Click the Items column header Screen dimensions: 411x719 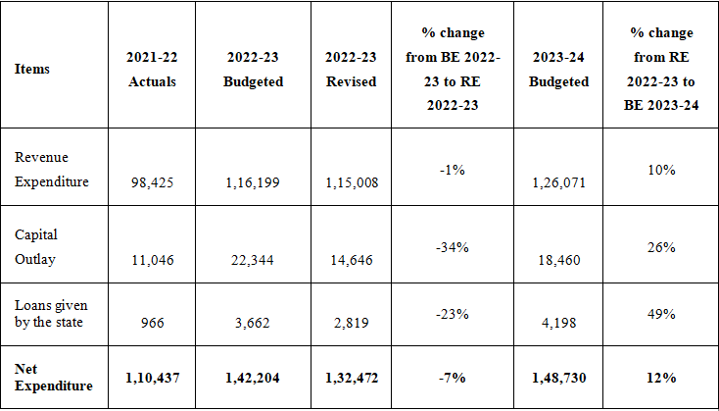point(32,70)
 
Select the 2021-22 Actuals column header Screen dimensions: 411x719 point(152,71)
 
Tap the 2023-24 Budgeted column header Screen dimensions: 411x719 point(558,71)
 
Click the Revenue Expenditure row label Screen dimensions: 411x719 point(51,169)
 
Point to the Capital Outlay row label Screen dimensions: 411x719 point(36,247)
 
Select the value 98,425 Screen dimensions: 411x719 point(152,181)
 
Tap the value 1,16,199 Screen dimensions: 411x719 point(253,181)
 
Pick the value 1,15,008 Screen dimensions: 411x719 point(351,181)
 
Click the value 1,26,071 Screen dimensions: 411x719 point(558,181)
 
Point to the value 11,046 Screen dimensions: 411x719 point(152,259)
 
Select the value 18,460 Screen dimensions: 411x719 point(558,259)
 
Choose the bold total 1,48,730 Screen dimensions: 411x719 point(558,378)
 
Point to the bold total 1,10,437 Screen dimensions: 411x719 point(152,378)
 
